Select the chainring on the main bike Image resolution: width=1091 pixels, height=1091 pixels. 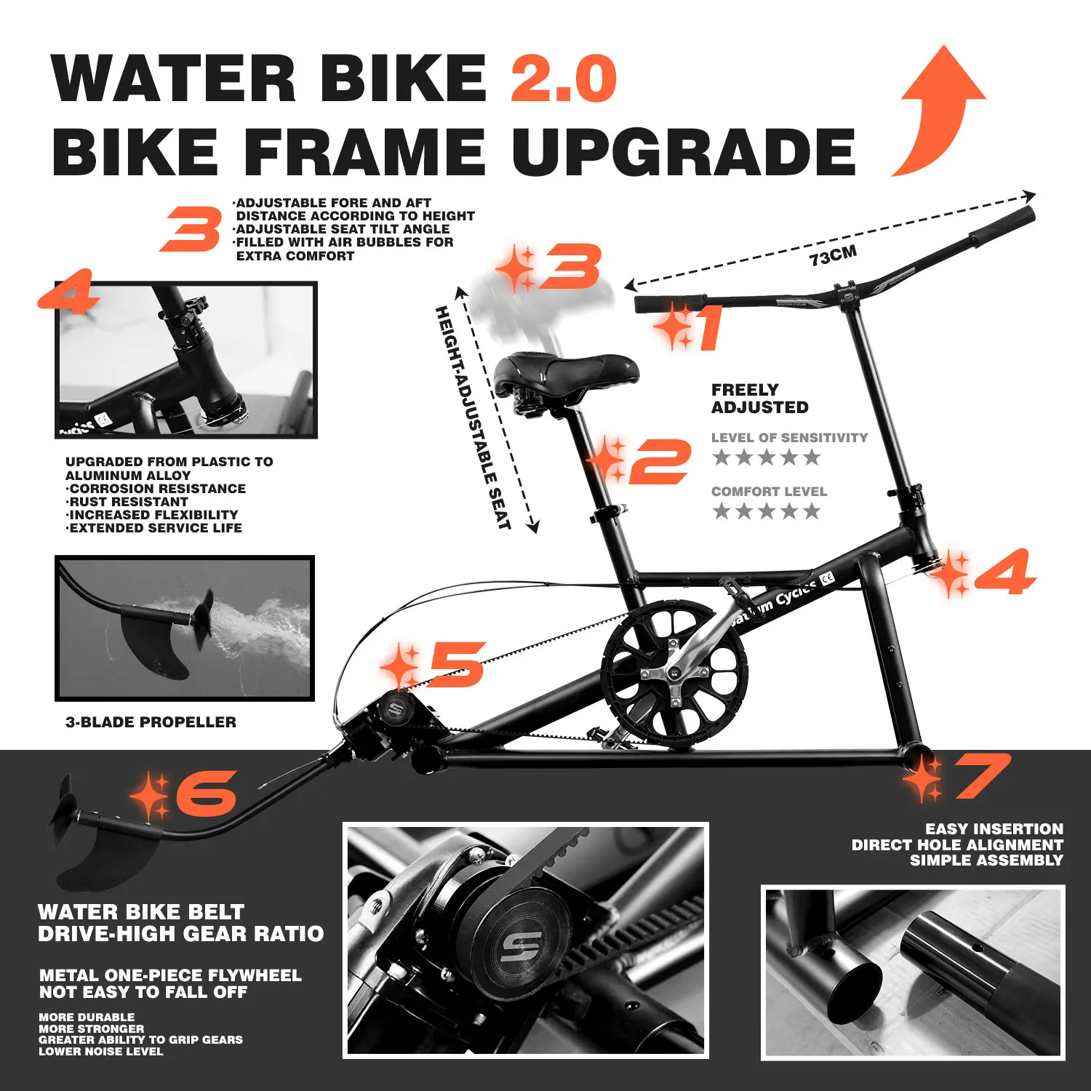click(673, 673)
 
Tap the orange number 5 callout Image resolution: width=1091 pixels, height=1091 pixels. click(457, 663)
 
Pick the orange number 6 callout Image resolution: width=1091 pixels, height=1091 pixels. click(207, 793)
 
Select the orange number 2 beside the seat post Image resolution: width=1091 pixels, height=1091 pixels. click(659, 461)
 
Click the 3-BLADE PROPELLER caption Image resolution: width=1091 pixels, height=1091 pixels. click(151, 722)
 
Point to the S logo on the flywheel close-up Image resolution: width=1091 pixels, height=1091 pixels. click(521, 946)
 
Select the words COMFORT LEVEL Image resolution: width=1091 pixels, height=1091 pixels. click(769, 492)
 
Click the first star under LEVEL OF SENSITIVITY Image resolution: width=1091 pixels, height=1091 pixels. click(722, 457)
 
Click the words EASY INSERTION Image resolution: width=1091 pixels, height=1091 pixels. click(994, 829)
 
